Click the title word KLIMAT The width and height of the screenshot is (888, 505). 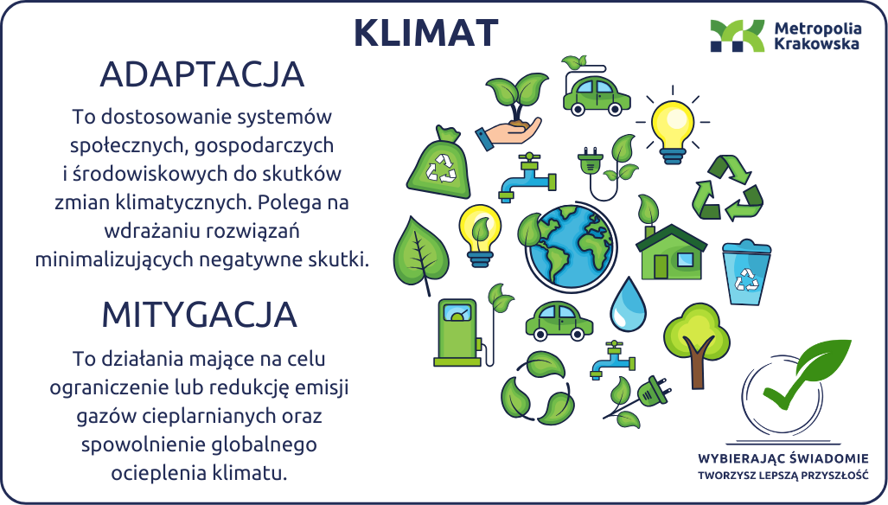[426, 32]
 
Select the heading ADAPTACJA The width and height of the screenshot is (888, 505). [202, 74]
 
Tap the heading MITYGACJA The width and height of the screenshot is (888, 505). [200, 315]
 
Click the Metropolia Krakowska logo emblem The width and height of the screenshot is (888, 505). [738, 35]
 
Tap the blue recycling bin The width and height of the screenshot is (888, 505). [746, 272]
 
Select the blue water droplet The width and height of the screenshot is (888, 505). [628, 304]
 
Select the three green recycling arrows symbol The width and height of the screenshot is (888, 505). [727, 189]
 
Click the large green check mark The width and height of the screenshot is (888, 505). [807, 374]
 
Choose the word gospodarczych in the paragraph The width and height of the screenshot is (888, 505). [264, 145]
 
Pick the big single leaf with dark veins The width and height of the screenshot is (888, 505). [421, 255]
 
